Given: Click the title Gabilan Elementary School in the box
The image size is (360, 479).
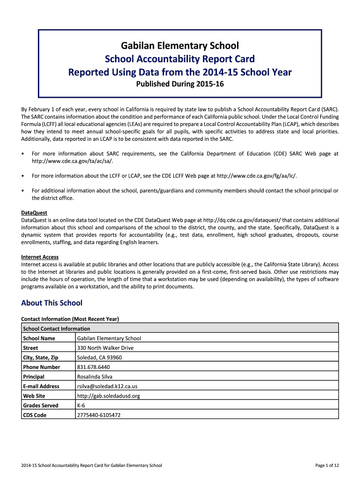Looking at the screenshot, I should [180, 46].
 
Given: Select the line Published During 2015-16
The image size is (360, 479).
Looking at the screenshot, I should [180, 85].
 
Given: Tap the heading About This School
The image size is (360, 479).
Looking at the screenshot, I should [51, 303].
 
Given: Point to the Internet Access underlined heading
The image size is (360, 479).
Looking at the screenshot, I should [40, 257].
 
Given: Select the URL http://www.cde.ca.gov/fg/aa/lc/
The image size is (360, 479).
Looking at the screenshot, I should [256, 175].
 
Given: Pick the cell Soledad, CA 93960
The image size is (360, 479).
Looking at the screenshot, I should [99, 357].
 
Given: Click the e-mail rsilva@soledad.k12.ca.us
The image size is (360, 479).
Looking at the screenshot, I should [107, 386].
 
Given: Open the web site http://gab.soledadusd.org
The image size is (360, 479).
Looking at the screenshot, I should [108, 396].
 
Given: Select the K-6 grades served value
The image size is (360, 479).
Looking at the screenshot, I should [81, 406].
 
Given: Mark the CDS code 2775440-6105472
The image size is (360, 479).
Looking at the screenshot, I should [99, 415].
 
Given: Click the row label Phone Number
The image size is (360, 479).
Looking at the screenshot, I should [42, 367].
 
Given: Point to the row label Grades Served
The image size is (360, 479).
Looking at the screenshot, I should [41, 406].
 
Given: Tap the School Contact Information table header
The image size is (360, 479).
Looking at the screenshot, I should [57, 329].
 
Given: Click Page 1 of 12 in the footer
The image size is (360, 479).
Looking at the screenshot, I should [327, 465].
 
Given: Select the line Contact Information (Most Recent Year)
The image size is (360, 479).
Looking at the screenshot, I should [70, 319].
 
